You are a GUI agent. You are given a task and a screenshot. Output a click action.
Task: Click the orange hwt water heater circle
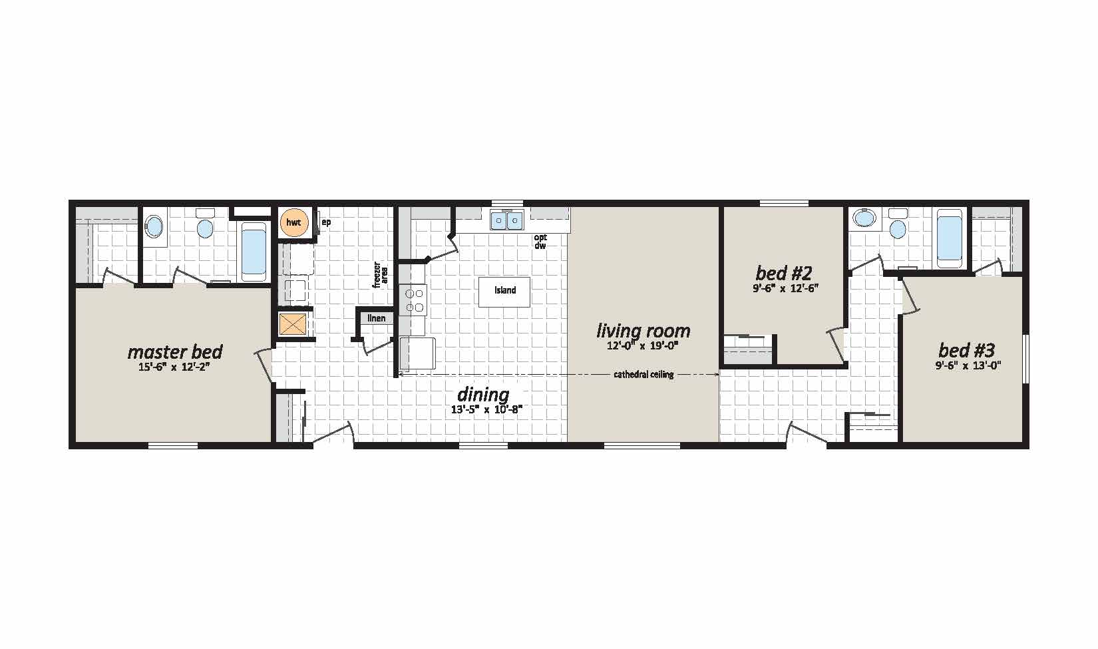(293, 222)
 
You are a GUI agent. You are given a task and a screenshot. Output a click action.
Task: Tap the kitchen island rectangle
(504, 292)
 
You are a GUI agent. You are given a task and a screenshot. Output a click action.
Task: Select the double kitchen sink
(507, 220)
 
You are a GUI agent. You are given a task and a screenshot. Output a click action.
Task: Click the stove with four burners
(413, 300)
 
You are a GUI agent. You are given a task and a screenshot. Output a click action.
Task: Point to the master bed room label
(175, 351)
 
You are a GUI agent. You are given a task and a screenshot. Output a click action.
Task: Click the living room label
(643, 331)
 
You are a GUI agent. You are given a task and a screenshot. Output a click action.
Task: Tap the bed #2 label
(784, 272)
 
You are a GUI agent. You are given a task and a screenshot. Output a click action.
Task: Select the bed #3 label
(966, 350)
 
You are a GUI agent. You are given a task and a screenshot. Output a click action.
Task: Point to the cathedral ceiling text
(643, 375)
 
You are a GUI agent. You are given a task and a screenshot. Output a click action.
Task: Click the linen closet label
(377, 318)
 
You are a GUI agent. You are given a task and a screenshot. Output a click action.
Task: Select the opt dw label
(540, 241)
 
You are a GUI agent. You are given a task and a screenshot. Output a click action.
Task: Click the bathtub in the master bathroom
(254, 251)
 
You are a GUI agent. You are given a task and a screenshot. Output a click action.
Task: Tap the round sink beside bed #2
(864, 218)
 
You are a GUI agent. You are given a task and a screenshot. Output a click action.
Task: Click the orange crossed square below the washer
(293, 324)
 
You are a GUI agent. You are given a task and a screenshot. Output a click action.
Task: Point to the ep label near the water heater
(326, 222)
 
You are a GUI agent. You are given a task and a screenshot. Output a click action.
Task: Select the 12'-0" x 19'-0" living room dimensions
(642, 345)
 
